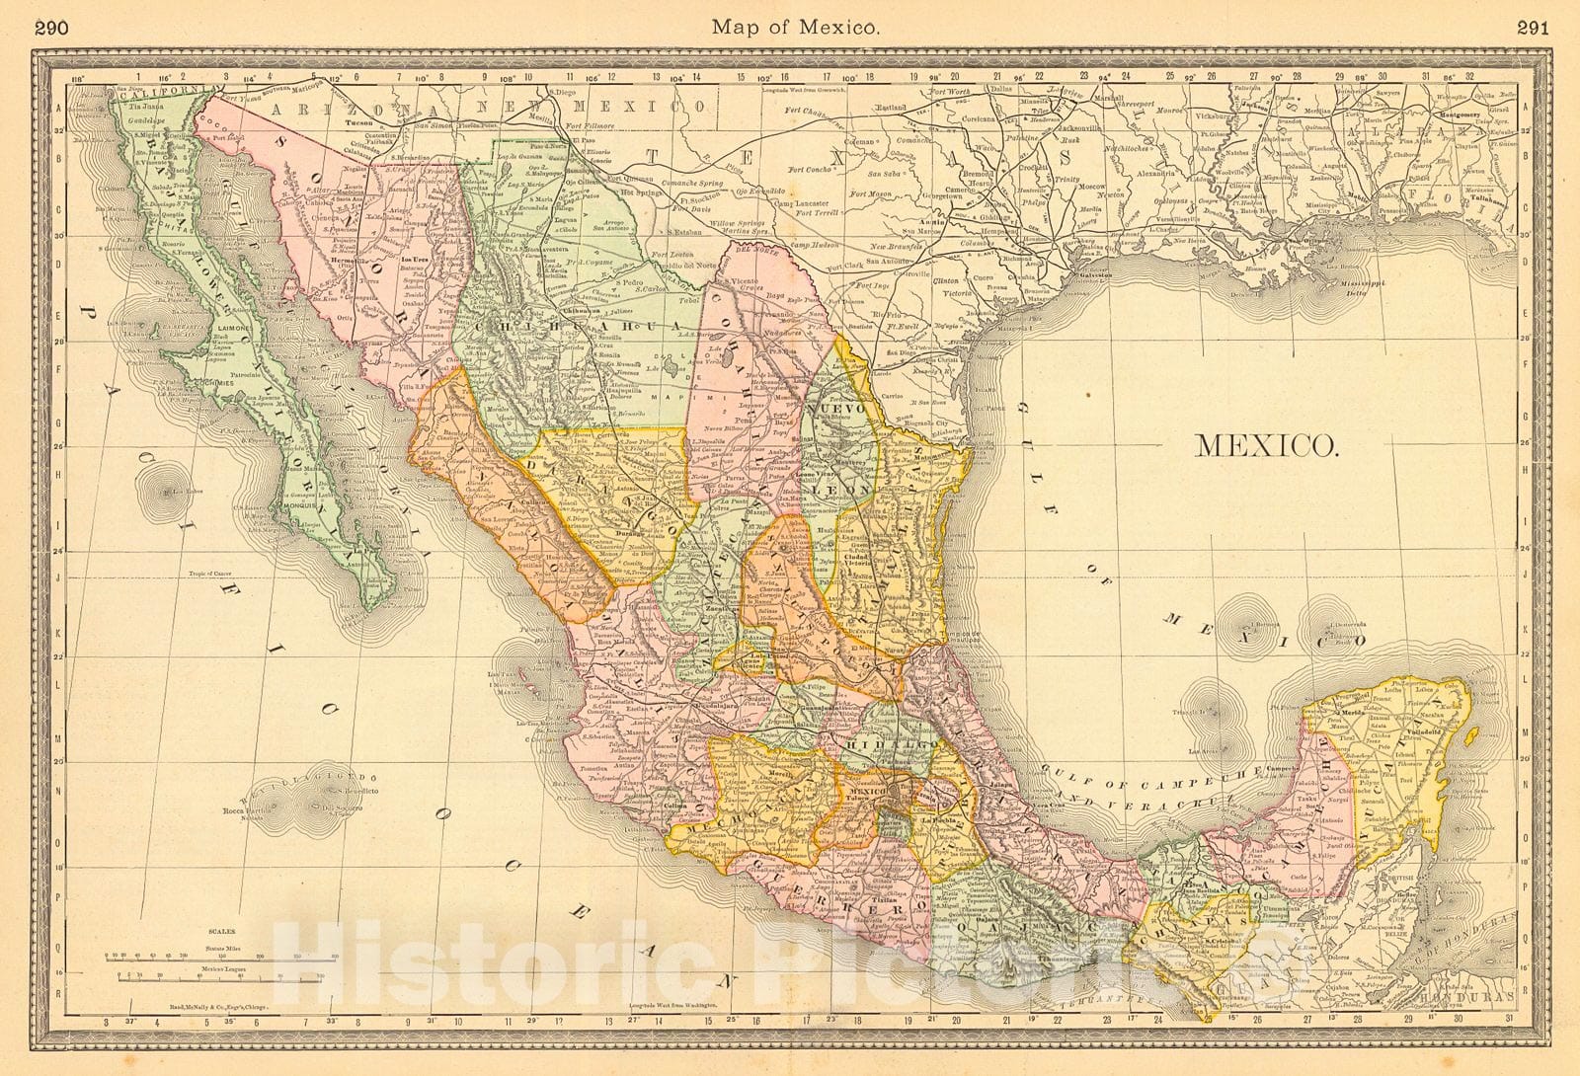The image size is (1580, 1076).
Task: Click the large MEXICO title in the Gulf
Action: (1267, 445)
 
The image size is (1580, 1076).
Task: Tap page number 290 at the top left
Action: (50, 28)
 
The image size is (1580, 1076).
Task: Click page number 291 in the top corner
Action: (1533, 28)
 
